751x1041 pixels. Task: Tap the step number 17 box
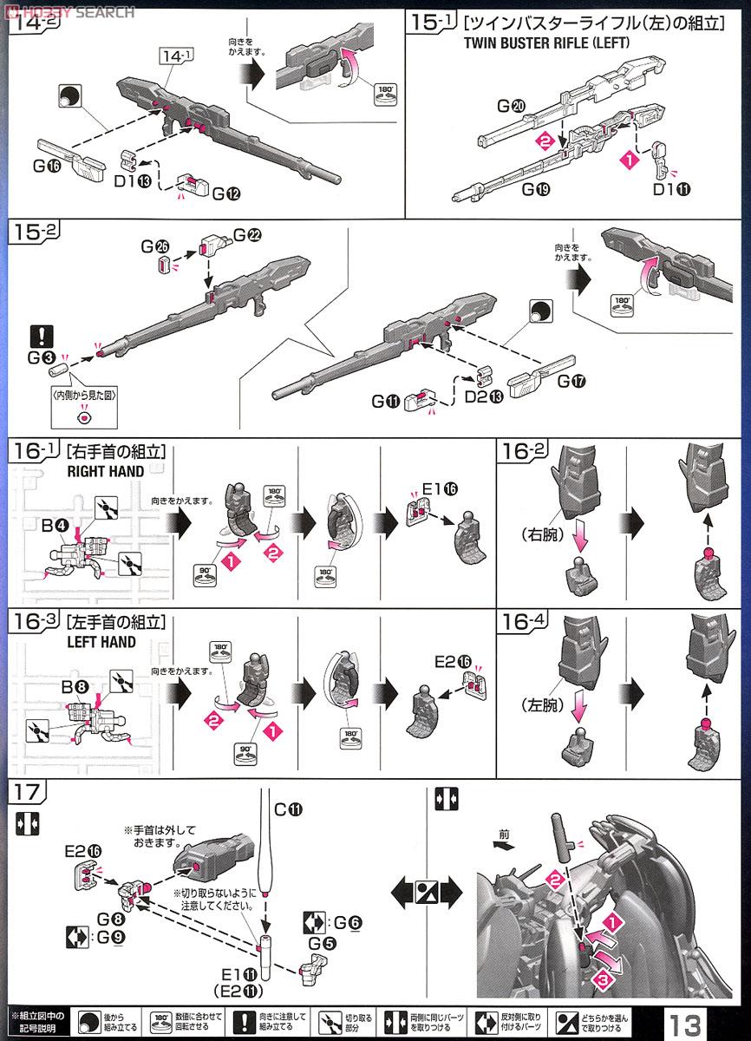point(23,792)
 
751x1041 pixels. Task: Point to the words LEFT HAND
point(101,642)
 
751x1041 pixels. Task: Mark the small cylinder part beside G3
point(59,370)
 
